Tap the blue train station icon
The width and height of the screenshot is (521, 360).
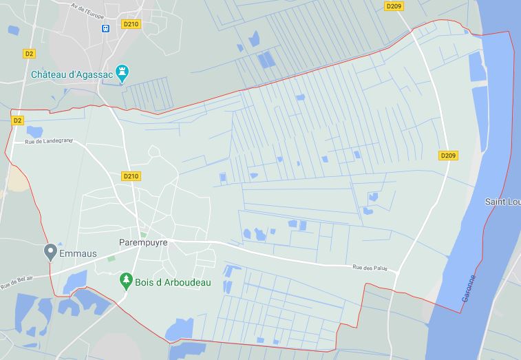106,28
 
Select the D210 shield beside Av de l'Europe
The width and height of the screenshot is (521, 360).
130,24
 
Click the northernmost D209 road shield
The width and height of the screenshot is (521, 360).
394,6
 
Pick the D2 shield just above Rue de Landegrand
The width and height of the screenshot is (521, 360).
17,120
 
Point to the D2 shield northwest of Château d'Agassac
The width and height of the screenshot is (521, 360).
29,53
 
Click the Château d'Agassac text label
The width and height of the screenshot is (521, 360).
72,74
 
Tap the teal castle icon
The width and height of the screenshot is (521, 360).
123,72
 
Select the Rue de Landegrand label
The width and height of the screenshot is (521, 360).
49,142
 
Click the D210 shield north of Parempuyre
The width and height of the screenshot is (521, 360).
131,176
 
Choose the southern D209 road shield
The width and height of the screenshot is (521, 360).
448,156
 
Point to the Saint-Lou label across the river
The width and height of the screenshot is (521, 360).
502,202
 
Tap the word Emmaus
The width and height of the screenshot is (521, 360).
78,253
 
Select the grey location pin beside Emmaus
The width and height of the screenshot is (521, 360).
50,251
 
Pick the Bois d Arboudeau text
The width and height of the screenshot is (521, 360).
174,283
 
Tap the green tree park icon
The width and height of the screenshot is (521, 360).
125,279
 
